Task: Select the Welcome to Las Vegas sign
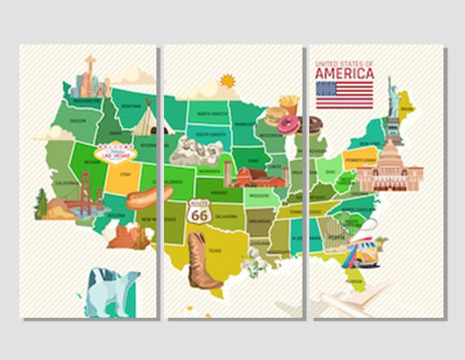click(115, 151)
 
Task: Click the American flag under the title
click(344, 95)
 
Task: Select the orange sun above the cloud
click(227, 81)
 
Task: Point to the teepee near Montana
click(147, 118)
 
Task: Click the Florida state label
click(354, 282)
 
